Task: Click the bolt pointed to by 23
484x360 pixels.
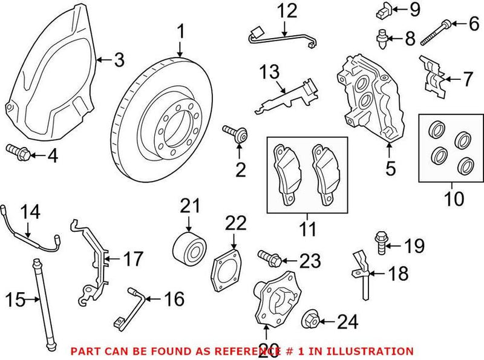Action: click(x=270, y=260)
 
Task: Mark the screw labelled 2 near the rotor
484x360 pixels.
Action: click(x=235, y=133)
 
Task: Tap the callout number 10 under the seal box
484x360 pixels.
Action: click(x=453, y=198)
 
